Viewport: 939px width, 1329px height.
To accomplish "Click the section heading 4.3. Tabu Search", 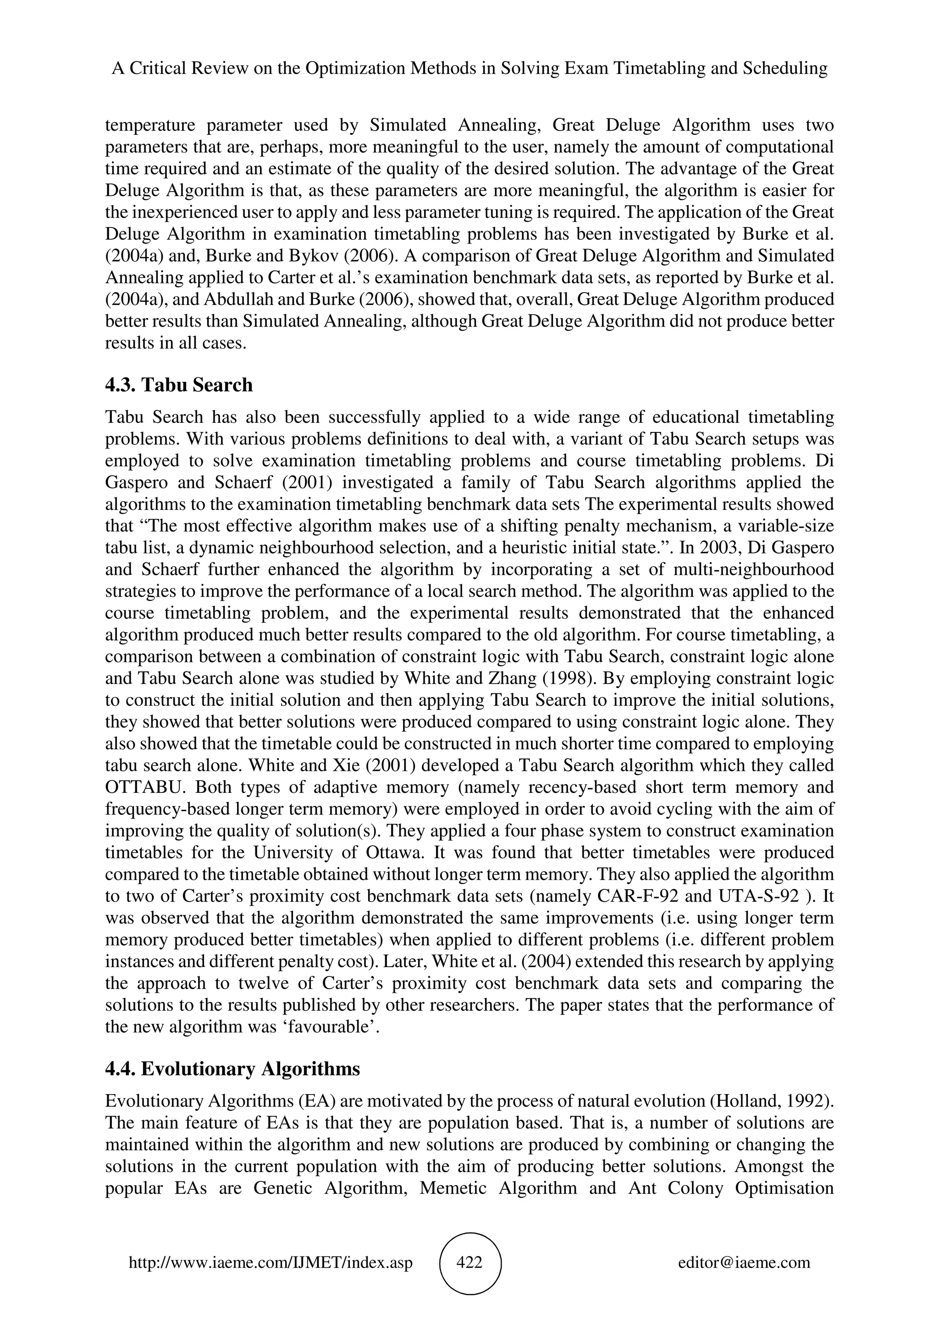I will click(x=179, y=385).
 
